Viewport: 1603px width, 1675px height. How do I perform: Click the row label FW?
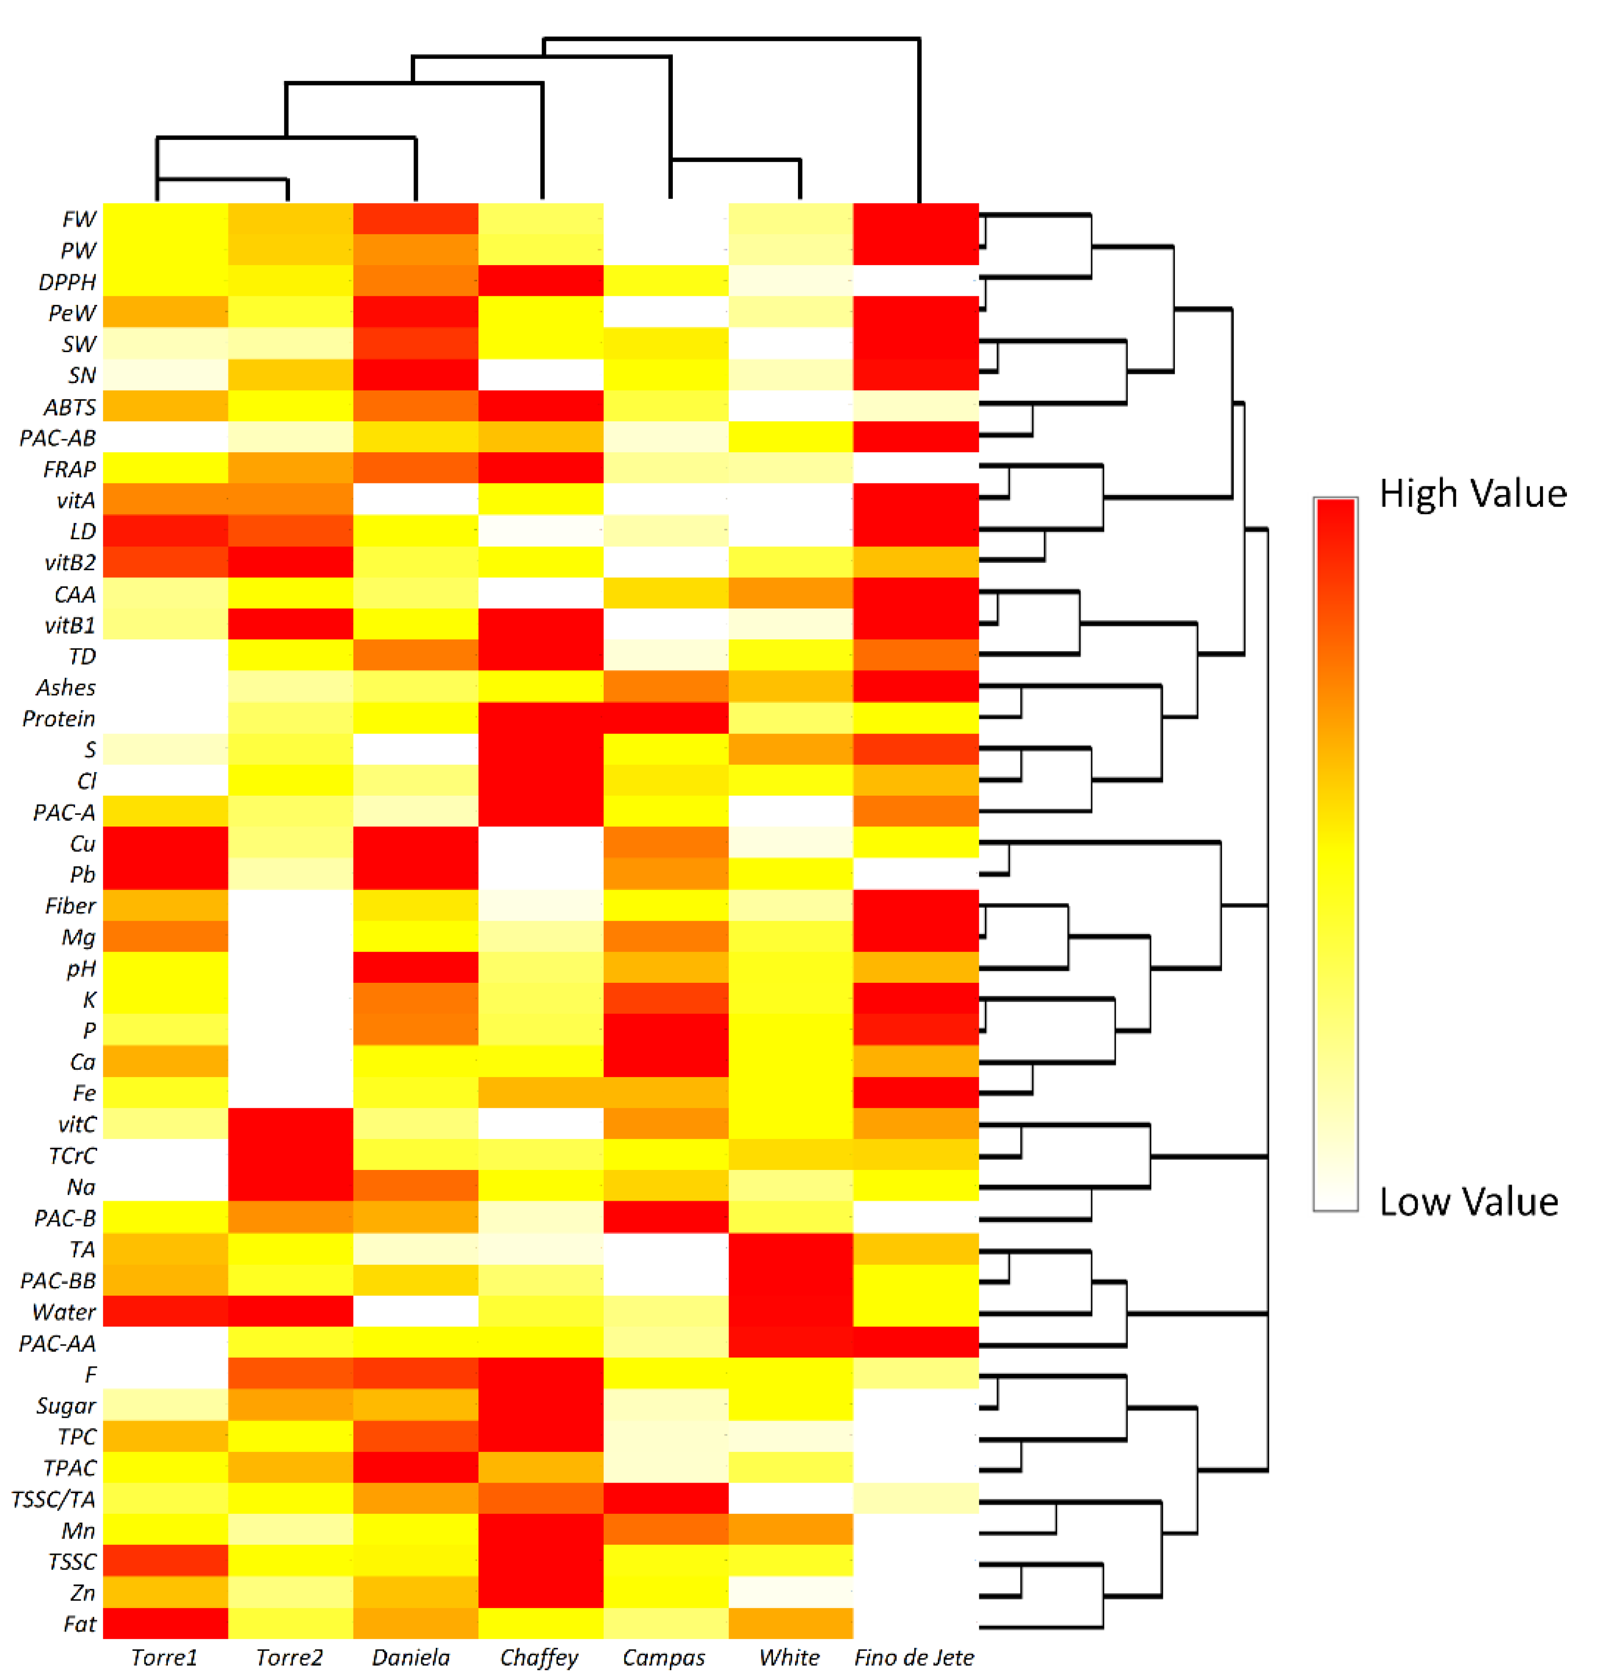[x=78, y=220]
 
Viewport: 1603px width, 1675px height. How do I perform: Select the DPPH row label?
[x=67, y=282]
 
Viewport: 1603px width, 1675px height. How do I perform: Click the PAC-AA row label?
[x=57, y=1344]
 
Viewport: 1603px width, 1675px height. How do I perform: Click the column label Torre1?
[x=164, y=1658]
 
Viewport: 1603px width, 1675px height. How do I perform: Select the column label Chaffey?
[x=539, y=1658]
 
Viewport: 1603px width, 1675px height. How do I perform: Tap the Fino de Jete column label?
[x=914, y=1658]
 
